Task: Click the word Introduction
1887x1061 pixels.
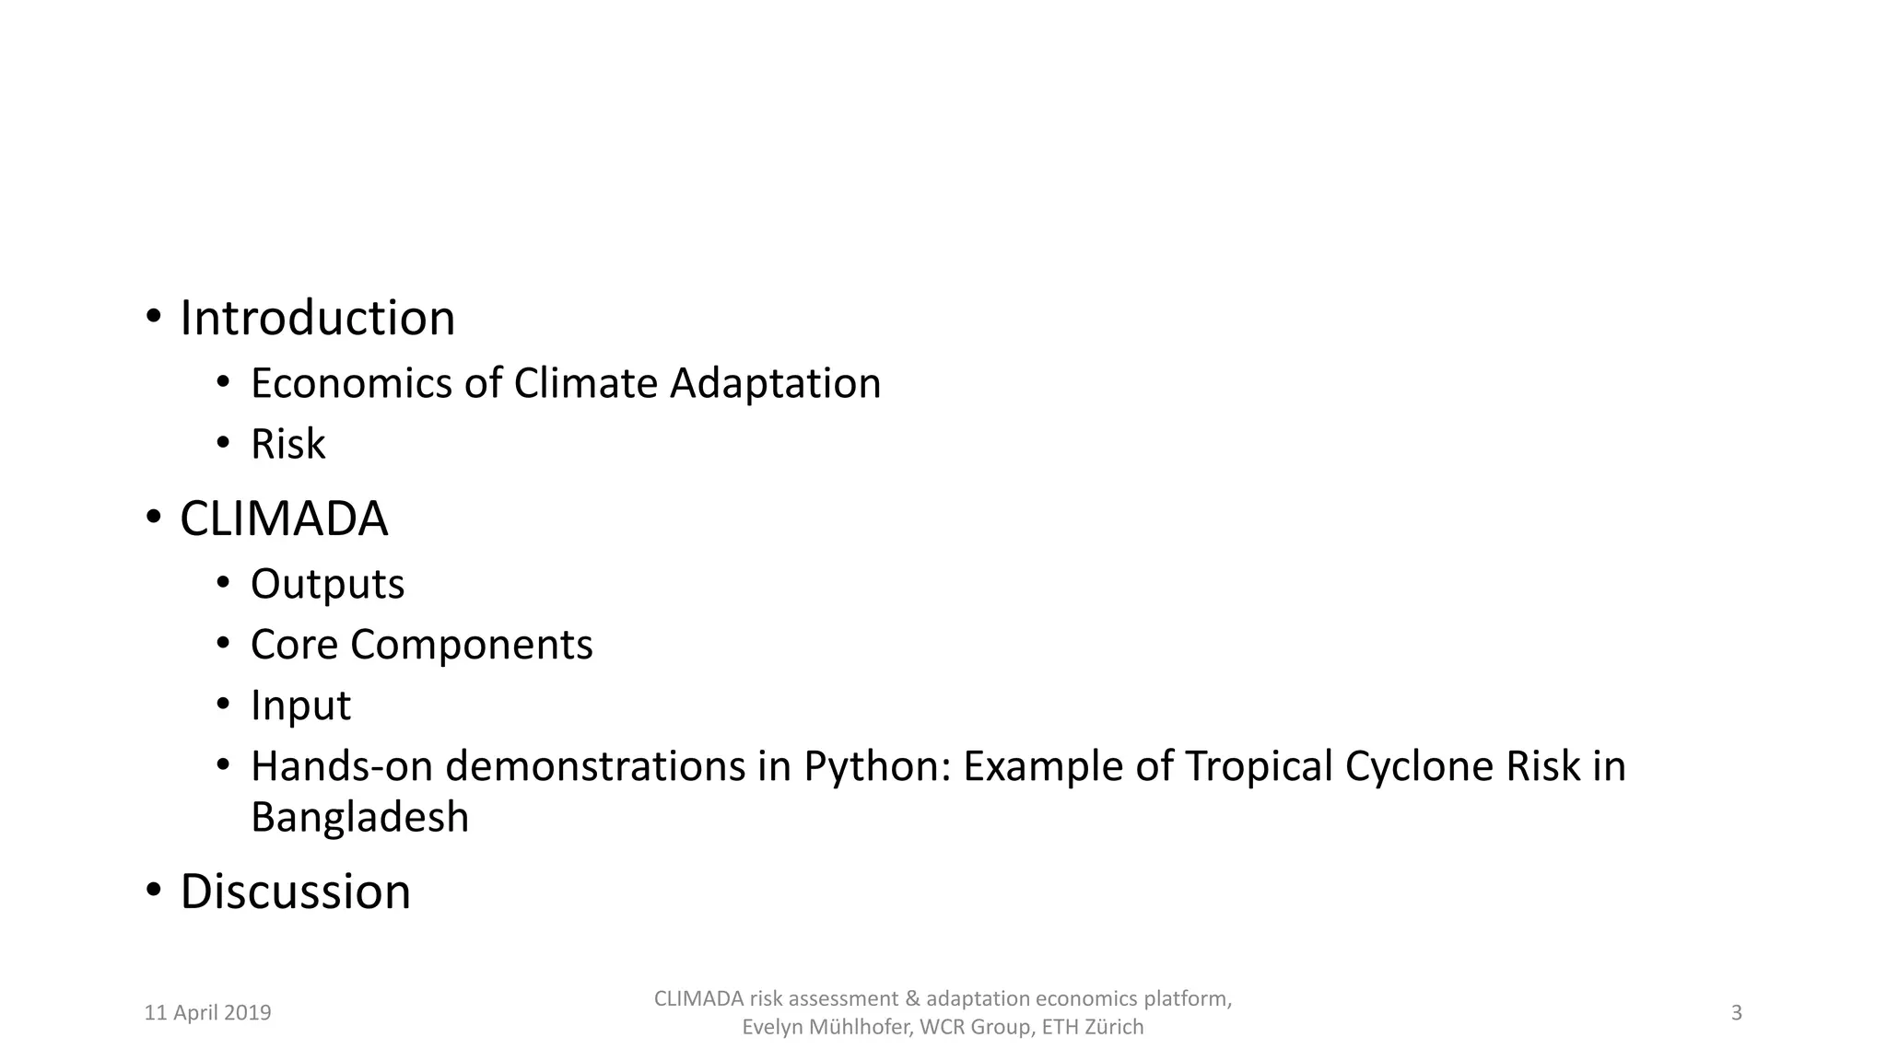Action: coord(317,319)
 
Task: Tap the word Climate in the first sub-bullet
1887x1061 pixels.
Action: coord(586,383)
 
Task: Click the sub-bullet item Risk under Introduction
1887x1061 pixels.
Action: coord(287,444)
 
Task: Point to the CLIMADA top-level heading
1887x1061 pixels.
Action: coord(284,519)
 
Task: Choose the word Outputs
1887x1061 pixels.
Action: coord(327,585)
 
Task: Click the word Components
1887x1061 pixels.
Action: coord(471,646)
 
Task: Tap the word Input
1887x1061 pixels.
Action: coord(300,706)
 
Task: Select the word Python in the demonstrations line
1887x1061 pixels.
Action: coord(875,767)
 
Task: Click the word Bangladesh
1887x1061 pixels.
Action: coord(359,818)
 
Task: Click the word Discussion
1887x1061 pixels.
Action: coord(295,892)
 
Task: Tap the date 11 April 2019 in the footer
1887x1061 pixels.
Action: coord(208,1013)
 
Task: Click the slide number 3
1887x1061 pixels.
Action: coord(1737,1013)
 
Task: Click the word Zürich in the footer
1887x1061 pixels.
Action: coord(1114,1027)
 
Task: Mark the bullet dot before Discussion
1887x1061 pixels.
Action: coord(153,891)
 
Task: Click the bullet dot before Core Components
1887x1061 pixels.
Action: coord(222,644)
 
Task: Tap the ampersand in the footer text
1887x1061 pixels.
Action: coord(912,999)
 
